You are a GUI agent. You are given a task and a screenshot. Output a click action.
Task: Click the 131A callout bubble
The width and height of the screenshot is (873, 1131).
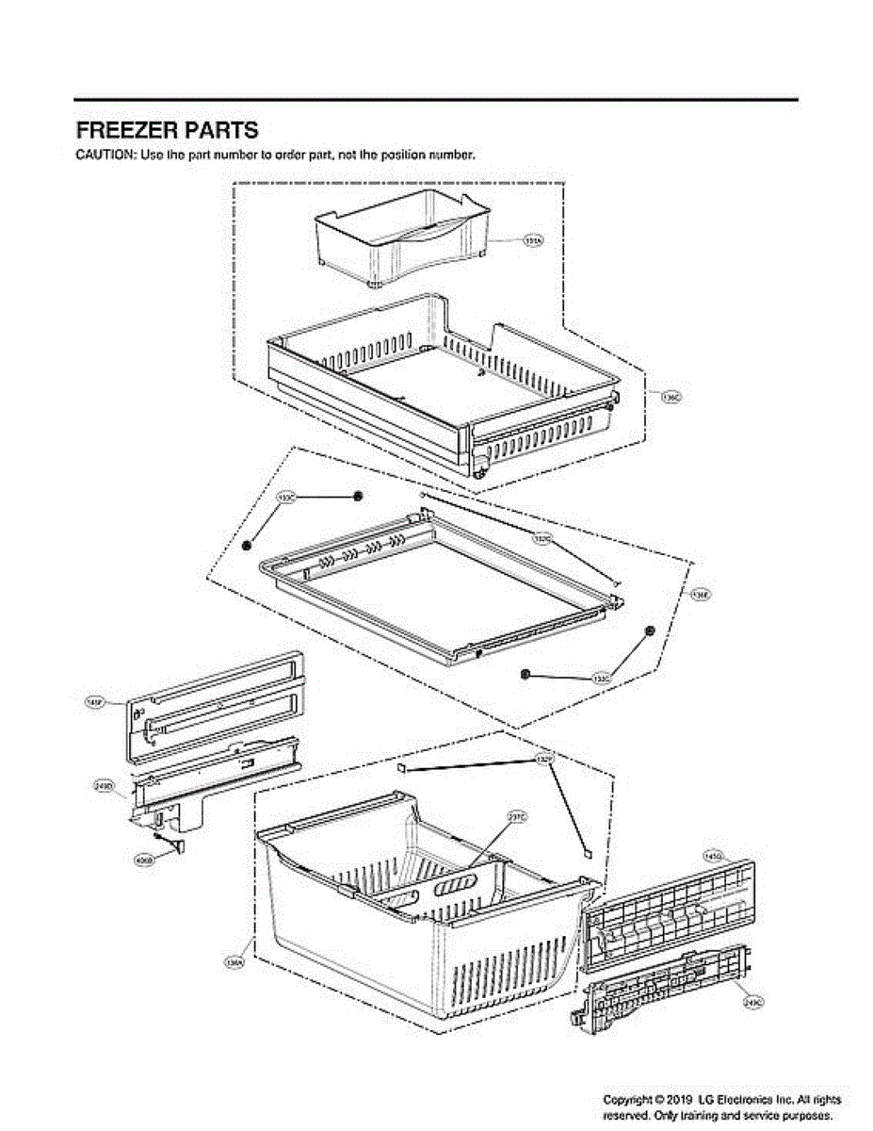(x=532, y=242)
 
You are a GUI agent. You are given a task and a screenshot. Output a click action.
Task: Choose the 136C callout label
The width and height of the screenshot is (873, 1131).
(x=671, y=398)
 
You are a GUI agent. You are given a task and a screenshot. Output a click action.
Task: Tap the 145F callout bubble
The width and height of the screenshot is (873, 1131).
(x=94, y=702)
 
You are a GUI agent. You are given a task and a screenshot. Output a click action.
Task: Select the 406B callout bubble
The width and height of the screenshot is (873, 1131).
(x=144, y=861)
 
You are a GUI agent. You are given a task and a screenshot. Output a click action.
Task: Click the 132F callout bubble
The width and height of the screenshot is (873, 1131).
(x=543, y=759)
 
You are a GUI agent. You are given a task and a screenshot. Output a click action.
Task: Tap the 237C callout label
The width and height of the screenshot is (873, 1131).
(x=517, y=817)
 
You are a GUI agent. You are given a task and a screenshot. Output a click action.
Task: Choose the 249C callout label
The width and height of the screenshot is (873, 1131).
(x=752, y=1003)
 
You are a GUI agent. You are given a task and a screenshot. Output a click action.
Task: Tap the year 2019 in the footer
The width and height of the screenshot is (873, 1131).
(x=681, y=1100)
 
